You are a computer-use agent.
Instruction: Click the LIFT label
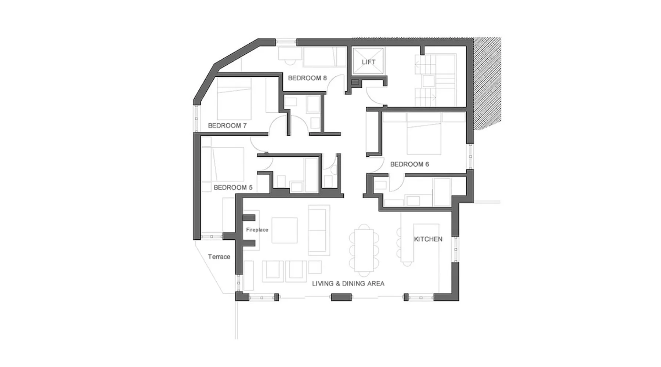pyautogui.click(x=368, y=62)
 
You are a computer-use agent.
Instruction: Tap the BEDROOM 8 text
pyautogui.click(x=307, y=78)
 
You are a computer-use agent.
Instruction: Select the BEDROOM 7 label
pyautogui.click(x=227, y=126)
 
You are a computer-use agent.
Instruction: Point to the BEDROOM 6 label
pyautogui.click(x=409, y=164)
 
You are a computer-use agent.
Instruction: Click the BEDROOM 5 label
pyautogui.click(x=233, y=188)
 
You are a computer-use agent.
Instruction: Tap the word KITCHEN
pyautogui.click(x=428, y=239)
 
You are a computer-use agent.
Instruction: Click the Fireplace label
pyautogui.click(x=257, y=230)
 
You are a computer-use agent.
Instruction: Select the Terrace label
pyautogui.click(x=219, y=257)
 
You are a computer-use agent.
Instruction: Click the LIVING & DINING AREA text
pyautogui.click(x=348, y=283)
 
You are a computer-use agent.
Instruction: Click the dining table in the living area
pyautogui.click(x=364, y=250)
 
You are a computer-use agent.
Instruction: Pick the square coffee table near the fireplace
pyautogui.click(x=284, y=230)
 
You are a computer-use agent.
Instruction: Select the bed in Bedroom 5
pyautogui.click(x=228, y=164)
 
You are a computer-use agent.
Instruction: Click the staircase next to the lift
pyautogui.click(x=436, y=80)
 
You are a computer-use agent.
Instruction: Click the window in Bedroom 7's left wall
pyautogui.click(x=196, y=119)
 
